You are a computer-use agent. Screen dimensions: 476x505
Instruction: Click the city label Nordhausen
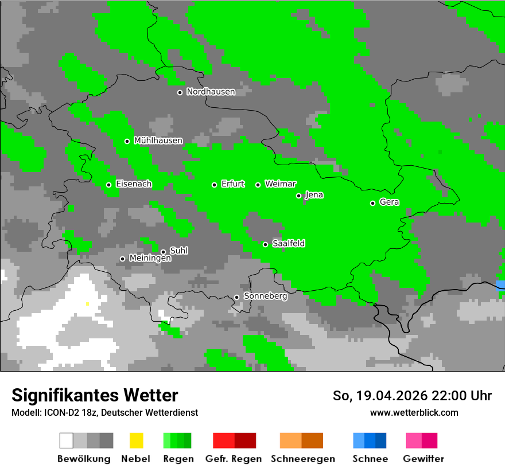click(211, 92)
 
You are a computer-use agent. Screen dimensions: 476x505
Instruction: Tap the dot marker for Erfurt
click(214, 185)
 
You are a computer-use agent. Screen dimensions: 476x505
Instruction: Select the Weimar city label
click(281, 184)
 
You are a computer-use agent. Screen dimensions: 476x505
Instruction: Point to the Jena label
click(314, 195)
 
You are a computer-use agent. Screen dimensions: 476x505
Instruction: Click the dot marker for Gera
click(372, 203)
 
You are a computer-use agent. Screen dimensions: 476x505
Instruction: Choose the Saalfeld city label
click(289, 244)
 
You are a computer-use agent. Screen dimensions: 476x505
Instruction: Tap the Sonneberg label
click(265, 296)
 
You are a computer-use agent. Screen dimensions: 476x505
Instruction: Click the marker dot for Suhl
click(163, 252)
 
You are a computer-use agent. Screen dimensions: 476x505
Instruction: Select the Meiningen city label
click(150, 259)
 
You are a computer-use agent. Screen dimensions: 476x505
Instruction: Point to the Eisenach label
click(134, 184)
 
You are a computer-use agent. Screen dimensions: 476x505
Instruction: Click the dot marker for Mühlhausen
click(127, 141)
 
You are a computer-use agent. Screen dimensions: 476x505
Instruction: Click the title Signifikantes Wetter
click(95, 395)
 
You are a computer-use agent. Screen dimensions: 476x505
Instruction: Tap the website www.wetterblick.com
click(414, 412)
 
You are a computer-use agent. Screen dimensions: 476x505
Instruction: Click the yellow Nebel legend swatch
click(136, 440)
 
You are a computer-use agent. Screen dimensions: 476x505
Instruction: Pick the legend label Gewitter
click(423, 459)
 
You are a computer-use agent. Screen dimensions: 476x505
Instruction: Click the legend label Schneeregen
click(302, 459)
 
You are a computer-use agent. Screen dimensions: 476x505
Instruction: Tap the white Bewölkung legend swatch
click(67, 440)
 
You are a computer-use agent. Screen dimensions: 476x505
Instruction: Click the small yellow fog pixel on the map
click(87, 304)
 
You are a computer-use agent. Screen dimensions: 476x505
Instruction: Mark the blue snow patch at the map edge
click(500, 285)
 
